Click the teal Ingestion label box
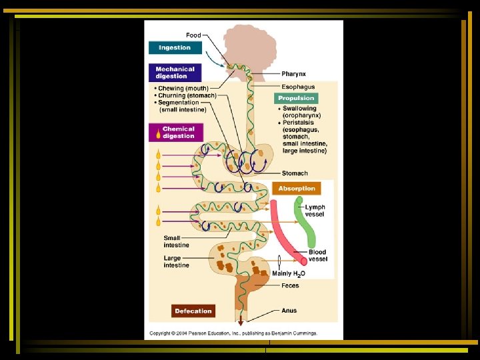pos(174,48)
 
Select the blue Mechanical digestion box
pos(175,73)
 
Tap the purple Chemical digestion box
pos(175,132)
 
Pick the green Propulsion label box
pos(296,99)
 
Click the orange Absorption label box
pos(297,189)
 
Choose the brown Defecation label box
pos(193,311)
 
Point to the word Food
pos(193,35)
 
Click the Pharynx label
pos(294,74)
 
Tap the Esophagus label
pos(297,87)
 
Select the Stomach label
pos(295,173)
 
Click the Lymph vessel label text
pos(315,211)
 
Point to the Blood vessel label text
pos(318,255)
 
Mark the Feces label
pos(290,286)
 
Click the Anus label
pos(289,311)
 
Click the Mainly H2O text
pos(289,274)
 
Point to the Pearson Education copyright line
pos(233,333)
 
